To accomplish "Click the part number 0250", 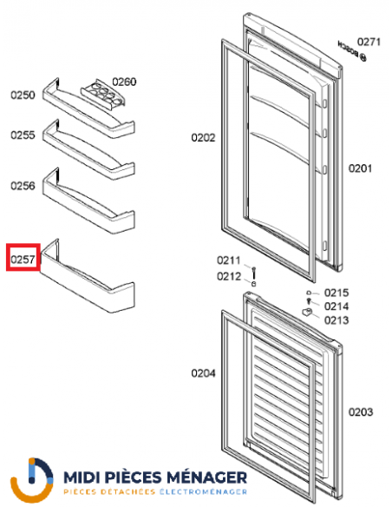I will (23, 95).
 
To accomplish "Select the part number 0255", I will (23, 135).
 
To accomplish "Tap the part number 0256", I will (23, 186).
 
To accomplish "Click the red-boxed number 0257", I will (21, 259).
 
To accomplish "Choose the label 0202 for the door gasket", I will (204, 137).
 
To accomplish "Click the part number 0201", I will (361, 168).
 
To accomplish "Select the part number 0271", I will (370, 42).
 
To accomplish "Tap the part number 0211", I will (228, 260).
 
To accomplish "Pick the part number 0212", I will (228, 276).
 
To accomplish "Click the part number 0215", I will (336, 293).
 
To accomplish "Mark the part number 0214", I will (336, 306).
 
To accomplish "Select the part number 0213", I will (336, 320).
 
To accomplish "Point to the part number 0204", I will (204, 374).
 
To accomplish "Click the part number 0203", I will (361, 412).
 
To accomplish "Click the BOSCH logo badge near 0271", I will (346, 48).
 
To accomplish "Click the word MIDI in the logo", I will (86, 477).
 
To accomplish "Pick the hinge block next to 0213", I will (308, 312).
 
